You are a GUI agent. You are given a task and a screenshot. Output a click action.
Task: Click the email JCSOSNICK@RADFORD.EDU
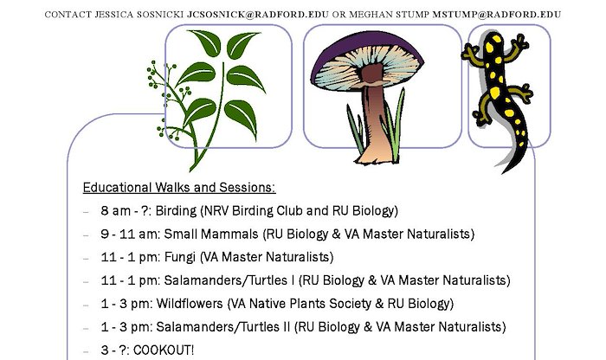coord(258,15)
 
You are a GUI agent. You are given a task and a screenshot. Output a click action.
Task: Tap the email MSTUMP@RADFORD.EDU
coord(497,15)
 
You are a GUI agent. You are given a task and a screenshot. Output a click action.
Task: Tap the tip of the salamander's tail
coord(502,173)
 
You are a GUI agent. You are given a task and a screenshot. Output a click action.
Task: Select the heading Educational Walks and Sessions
coord(179,187)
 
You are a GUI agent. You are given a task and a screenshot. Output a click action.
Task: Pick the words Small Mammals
coord(211,234)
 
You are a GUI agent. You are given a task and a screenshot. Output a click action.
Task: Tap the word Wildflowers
coord(190,304)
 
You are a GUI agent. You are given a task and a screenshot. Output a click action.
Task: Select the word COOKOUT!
coord(164,350)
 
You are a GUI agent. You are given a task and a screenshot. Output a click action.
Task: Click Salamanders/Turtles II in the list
coord(223,327)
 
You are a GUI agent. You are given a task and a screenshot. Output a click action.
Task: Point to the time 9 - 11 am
coord(130,234)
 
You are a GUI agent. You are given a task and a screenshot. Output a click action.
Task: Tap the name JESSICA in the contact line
coord(114,15)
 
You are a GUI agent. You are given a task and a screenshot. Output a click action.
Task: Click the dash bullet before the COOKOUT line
coord(86,351)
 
